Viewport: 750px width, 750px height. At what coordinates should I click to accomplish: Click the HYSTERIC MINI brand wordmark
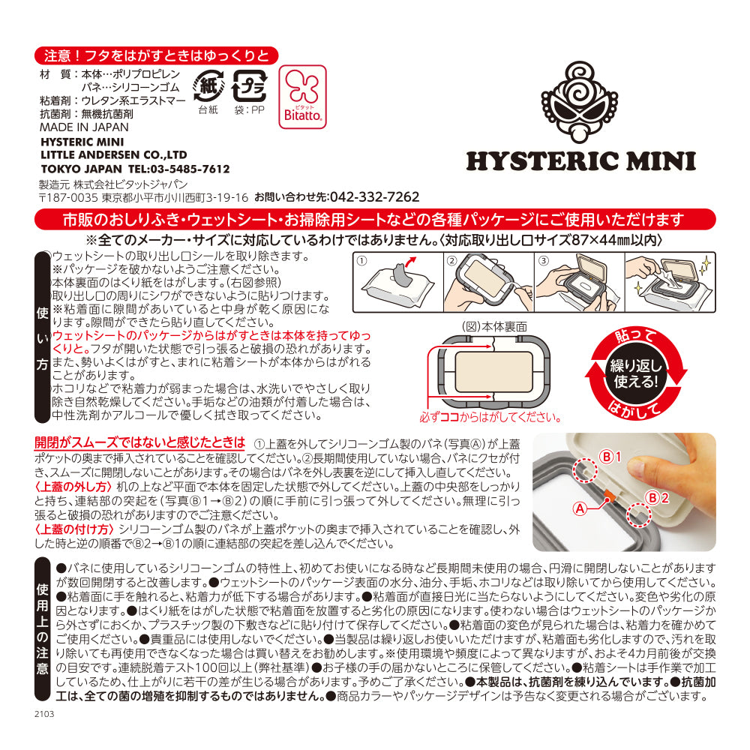(x=580, y=161)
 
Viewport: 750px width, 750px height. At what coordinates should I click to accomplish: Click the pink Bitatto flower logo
(x=302, y=95)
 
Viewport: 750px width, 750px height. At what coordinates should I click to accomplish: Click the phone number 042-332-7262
(x=374, y=197)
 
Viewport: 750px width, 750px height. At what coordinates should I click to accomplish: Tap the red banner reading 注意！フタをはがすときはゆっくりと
(x=157, y=55)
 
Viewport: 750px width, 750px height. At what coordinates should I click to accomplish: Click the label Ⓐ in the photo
(x=579, y=508)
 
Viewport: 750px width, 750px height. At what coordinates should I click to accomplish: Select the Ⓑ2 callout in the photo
(x=653, y=496)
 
